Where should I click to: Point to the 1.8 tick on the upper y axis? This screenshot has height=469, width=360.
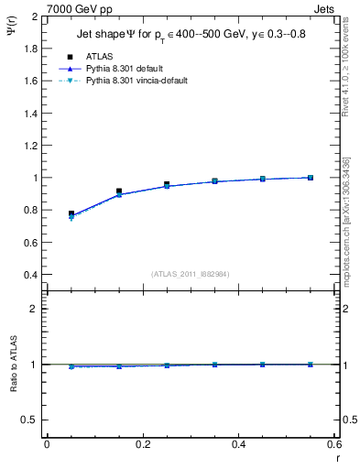(33, 49)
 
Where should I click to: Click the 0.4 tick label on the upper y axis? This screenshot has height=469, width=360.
(33, 275)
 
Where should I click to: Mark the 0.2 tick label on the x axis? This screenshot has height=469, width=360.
(142, 444)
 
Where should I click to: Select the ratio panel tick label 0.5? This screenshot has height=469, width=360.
(33, 420)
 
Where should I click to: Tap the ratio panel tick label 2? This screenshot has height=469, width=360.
(38, 309)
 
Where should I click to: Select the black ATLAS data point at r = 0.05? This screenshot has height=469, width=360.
(71, 213)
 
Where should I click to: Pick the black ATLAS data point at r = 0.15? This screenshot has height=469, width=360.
(119, 191)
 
